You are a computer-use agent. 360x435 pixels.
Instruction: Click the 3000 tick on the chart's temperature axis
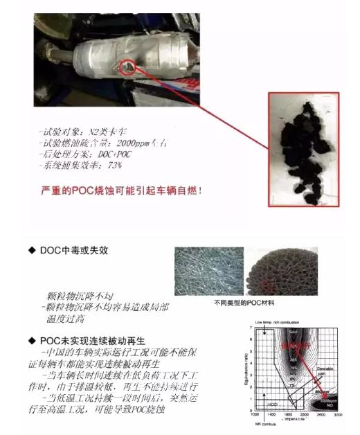(x=339, y=414)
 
